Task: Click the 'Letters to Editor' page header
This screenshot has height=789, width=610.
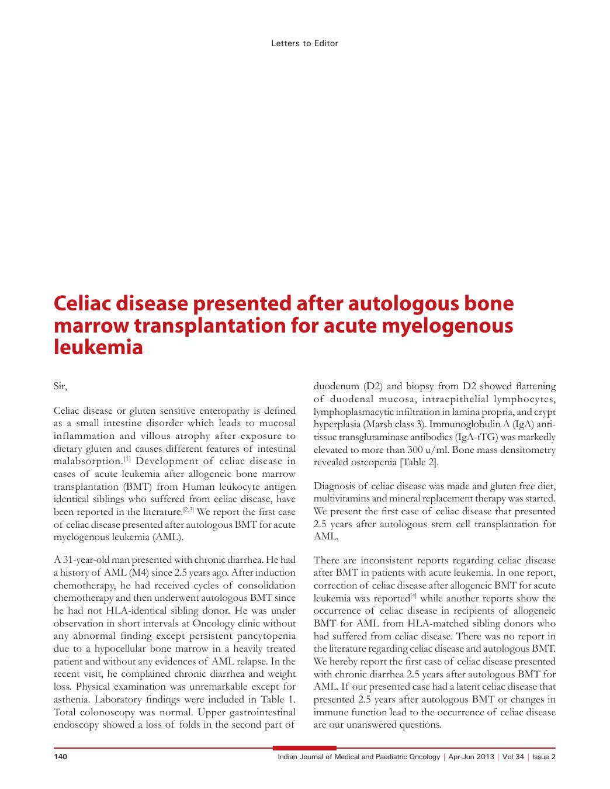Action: click(304, 43)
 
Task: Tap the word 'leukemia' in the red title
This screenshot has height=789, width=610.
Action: click(98, 347)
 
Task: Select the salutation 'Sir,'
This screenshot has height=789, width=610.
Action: click(60, 386)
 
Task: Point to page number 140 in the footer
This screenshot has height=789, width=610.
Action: click(61, 757)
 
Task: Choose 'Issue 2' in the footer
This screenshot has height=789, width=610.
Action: click(544, 757)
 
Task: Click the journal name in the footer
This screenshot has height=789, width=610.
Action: click(359, 757)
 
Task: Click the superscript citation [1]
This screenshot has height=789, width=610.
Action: click(126, 459)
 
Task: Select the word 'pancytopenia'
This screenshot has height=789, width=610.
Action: click(267, 636)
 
